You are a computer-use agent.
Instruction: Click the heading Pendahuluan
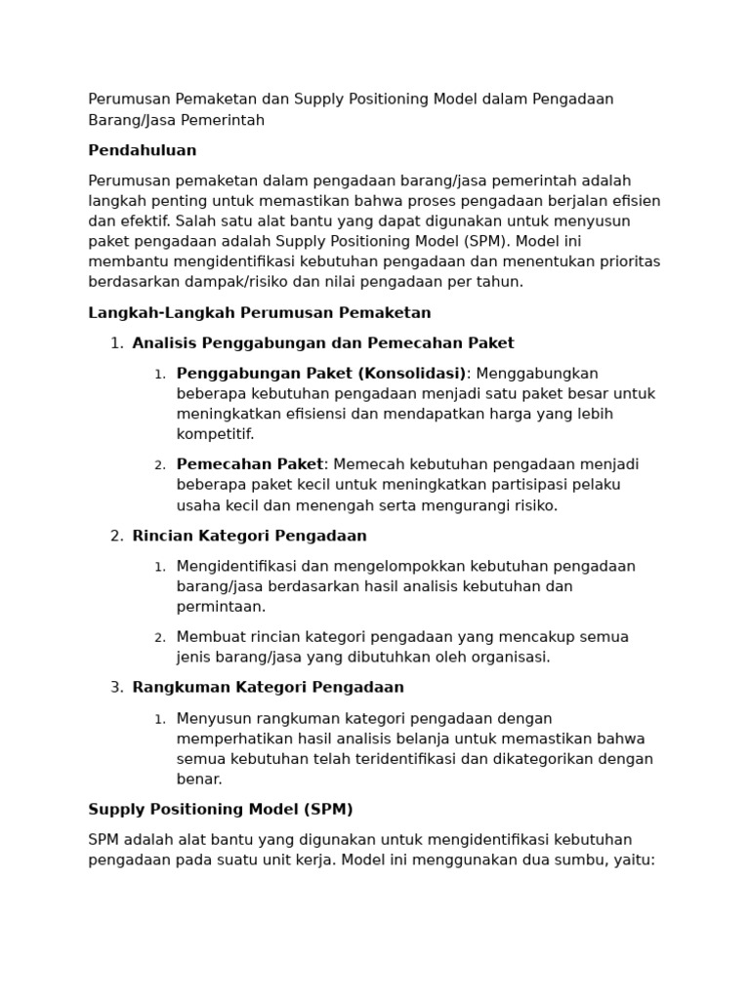[x=142, y=150]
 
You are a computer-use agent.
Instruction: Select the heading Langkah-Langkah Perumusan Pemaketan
[x=259, y=313]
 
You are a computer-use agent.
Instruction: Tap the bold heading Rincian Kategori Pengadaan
[x=249, y=536]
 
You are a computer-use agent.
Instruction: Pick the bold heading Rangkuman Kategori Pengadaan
[x=268, y=687]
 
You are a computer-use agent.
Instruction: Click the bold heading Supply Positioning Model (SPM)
[x=220, y=809]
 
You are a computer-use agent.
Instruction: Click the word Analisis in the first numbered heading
[x=162, y=343]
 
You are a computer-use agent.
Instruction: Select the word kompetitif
[x=214, y=434]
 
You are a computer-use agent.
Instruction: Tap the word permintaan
[x=220, y=607]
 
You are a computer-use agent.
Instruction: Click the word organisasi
[x=509, y=657]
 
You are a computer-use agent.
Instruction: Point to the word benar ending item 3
[x=198, y=779]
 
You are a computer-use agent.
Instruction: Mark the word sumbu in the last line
[x=574, y=860]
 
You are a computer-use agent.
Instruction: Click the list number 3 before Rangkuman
[x=116, y=687]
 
